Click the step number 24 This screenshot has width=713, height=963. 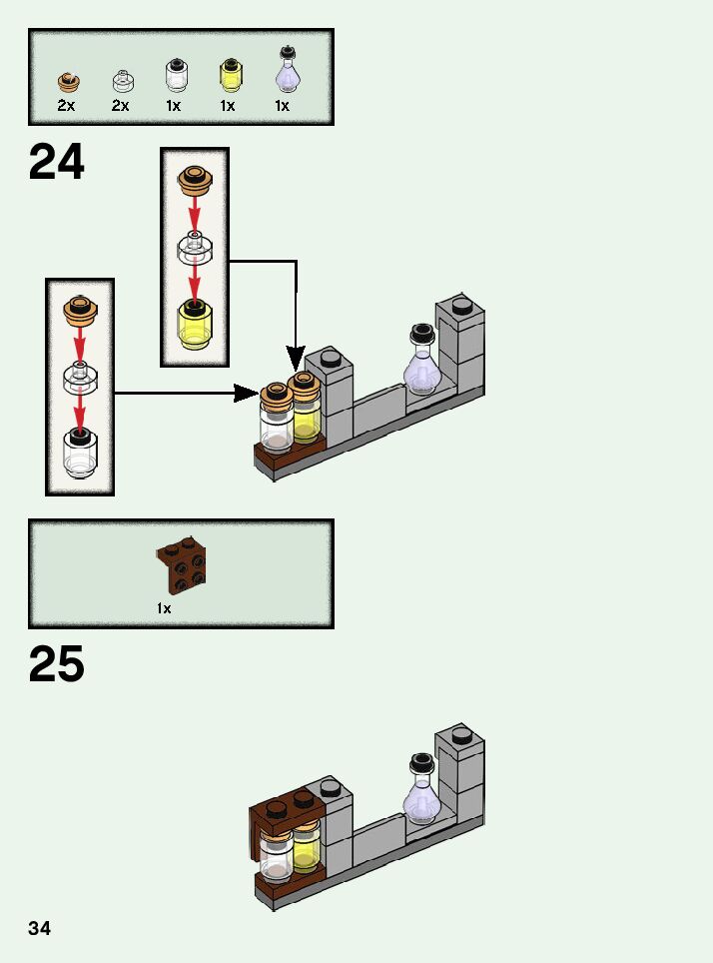pyautogui.click(x=57, y=162)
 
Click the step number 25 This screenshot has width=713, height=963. pyautogui.click(x=57, y=663)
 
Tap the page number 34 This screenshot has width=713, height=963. pyautogui.click(x=39, y=928)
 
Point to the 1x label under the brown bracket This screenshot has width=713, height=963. pyautogui.click(x=164, y=607)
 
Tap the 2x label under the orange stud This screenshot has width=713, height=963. pyautogui.click(x=66, y=105)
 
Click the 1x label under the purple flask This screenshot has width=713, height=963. pyautogui.click(x=282, y=105)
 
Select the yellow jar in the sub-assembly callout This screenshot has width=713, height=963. pyautogui.click(x=195, y=322)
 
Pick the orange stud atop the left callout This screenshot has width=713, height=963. pyautogui.click(x=80, y=310)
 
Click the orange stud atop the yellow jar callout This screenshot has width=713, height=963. pyautogui.click(x=195, y=180)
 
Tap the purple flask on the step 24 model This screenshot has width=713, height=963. pyautogui.click(x=421, y=364)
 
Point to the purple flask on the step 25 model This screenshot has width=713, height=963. pyautogui.click(x=421, y=794)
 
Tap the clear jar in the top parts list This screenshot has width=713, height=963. pyautogui.click(x=176, y=76)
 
